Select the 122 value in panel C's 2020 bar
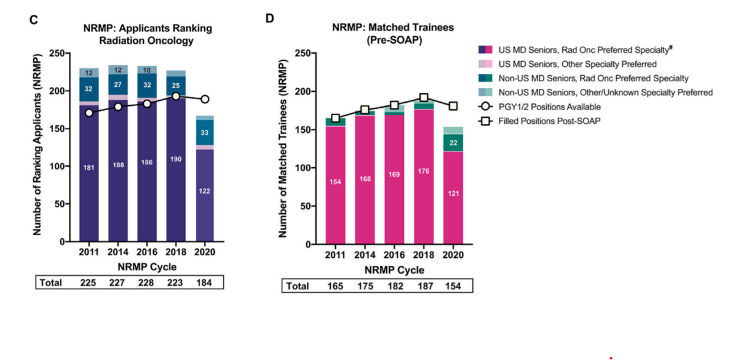205,191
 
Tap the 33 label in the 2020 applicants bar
205,132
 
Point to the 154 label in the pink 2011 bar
336,182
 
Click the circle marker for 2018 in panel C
176,96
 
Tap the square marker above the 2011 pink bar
336,118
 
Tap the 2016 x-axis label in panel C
147,254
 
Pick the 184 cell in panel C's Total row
205,282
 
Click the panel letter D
269,18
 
